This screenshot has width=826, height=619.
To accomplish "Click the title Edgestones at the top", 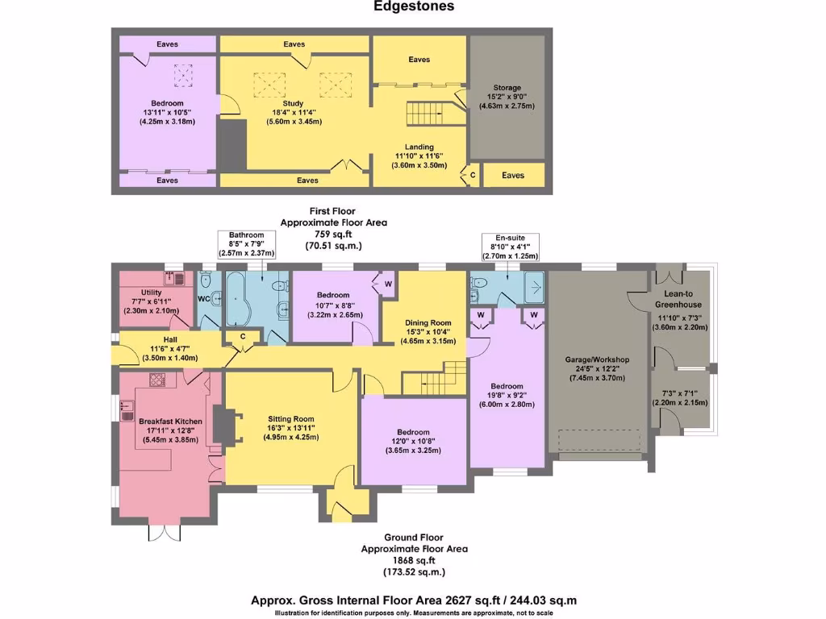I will click(414, 6).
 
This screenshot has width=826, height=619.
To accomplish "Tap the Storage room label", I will click(507, 87).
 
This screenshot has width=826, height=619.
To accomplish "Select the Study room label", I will click(293, 103).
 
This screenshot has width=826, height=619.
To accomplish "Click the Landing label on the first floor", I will click(419, 147).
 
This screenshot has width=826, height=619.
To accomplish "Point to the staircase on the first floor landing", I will click(425, 114).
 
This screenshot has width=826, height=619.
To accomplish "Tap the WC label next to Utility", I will click(204, 298).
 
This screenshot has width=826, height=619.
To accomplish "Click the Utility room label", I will click(151, 293).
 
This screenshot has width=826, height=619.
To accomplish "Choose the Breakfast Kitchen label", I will click(170, 422).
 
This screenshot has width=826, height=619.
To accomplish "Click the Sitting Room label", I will click(291, 419).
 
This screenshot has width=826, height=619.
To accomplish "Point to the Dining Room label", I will click(427, 322).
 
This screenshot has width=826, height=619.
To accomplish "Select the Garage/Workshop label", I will click(599, 359).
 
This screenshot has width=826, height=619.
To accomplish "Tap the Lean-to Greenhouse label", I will click(678, 300).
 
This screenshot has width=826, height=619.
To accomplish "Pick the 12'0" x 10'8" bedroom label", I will click(412, 432).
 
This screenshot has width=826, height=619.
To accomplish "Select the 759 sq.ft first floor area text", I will click(333, 234).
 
